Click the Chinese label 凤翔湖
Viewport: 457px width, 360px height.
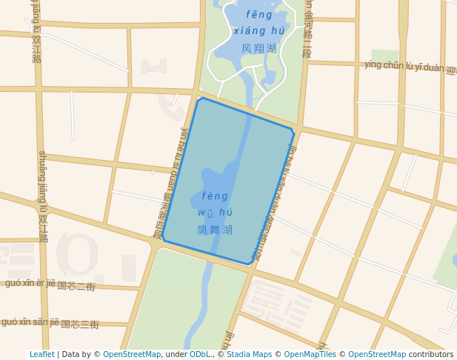click(x=258, y=48)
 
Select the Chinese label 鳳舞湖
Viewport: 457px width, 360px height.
click(x=215, y=230)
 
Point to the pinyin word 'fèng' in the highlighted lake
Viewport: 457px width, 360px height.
click(x=215, y=196)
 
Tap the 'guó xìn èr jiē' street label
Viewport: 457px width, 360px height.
click(x=30, y=283)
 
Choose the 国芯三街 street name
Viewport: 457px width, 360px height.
click(x=79, y=324)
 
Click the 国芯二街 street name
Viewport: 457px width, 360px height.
click(x=76, y=286)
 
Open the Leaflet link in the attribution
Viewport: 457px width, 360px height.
click(x=41, y=355)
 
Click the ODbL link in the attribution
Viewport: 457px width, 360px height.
click(x=200, y=355)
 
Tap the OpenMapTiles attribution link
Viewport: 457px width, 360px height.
click(x=310, y=355)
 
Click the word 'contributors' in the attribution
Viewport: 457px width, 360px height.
click(x=431, y=355)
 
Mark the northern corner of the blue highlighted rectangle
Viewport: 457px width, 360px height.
click(x=200, y=98)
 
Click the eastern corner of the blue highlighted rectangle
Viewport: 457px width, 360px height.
click(x=294, y=131)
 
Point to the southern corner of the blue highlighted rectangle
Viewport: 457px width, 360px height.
click(x=250, y=264)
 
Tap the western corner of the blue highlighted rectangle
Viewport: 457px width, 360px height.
click(x=163, y=239)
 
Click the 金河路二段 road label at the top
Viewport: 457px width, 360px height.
click(x=307, y=30)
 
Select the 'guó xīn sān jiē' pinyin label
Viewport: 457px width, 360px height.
click(x=30, y=321)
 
